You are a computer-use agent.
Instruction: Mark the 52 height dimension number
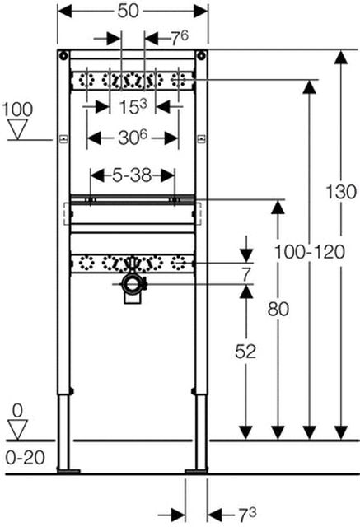245,351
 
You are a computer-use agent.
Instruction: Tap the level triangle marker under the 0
16,427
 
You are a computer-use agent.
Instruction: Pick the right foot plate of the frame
198,471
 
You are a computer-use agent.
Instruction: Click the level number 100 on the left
17,109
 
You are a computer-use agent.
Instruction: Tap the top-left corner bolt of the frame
63,55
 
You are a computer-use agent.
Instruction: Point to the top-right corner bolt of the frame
202,55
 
